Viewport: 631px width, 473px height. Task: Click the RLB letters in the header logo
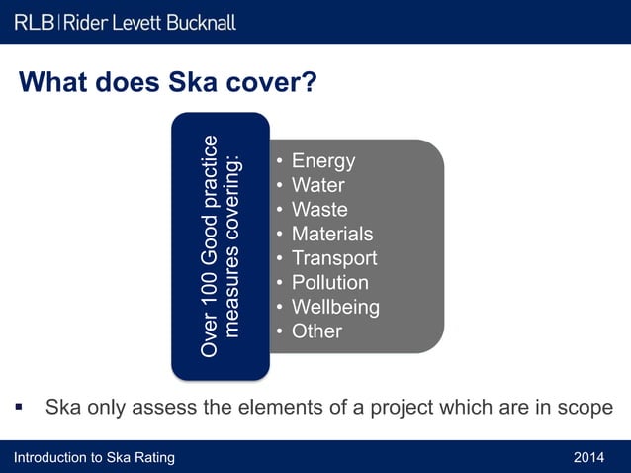tap(35, 21)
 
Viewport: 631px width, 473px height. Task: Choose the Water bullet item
tap(317, 185)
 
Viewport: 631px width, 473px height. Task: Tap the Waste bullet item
tap(319, 210)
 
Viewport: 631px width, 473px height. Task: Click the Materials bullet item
tap(332, 234)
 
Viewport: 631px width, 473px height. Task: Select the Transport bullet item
tap(333, 258)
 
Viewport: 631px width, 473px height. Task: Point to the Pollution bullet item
tap(329, 282)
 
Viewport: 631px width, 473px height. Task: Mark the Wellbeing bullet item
tap(335, 307)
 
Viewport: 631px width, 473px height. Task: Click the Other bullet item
tap(316, 331)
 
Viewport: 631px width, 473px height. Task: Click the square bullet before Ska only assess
tap(18, 407)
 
